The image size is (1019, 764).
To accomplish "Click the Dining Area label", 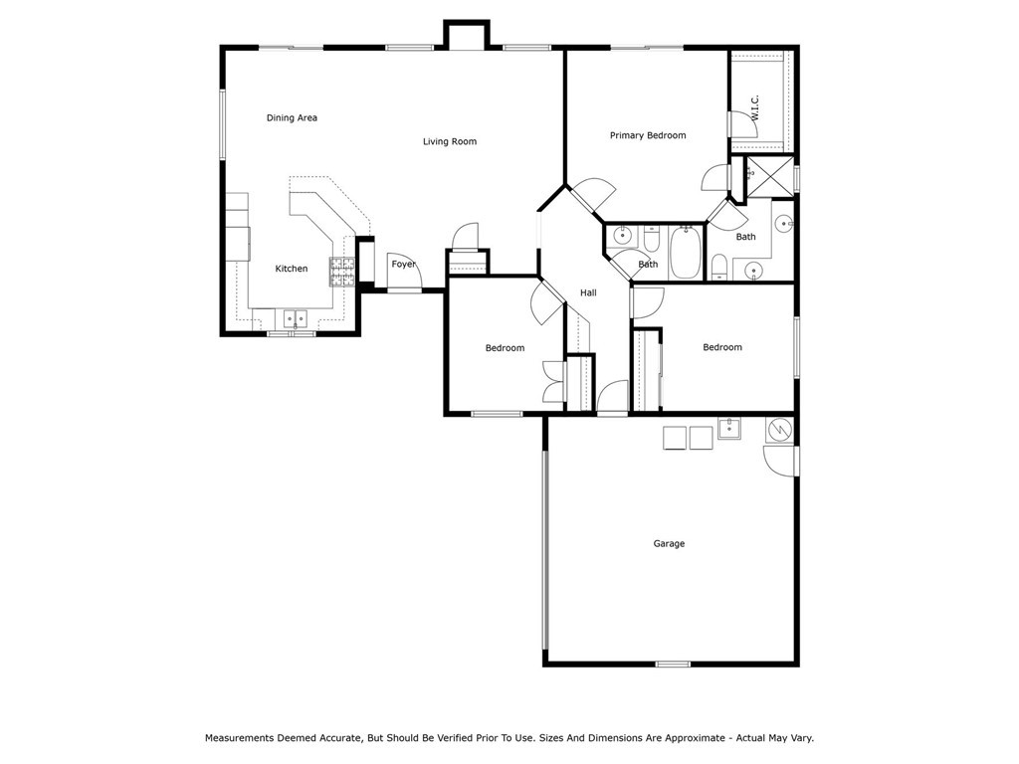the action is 292,117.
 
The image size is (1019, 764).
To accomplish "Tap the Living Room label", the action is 450,141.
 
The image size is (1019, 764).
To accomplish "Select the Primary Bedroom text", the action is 648,135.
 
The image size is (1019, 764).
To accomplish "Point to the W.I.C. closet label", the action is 755,107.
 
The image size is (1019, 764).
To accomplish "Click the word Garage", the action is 669,544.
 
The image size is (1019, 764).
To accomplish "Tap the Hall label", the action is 588,293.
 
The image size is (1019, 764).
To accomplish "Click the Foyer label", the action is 404,265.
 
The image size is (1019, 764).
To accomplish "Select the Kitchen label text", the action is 292,269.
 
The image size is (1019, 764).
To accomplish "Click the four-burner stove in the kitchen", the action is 342,273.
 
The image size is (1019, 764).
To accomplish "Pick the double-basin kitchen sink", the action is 295,318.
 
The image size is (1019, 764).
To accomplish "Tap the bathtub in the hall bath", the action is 686,252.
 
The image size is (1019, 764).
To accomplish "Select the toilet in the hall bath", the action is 652,239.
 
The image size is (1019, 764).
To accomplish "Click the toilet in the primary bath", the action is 718,268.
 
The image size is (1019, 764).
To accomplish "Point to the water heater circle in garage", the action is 779,430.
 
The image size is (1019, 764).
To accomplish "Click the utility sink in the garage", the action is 729,429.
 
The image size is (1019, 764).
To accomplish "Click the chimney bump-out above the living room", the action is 466,35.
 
